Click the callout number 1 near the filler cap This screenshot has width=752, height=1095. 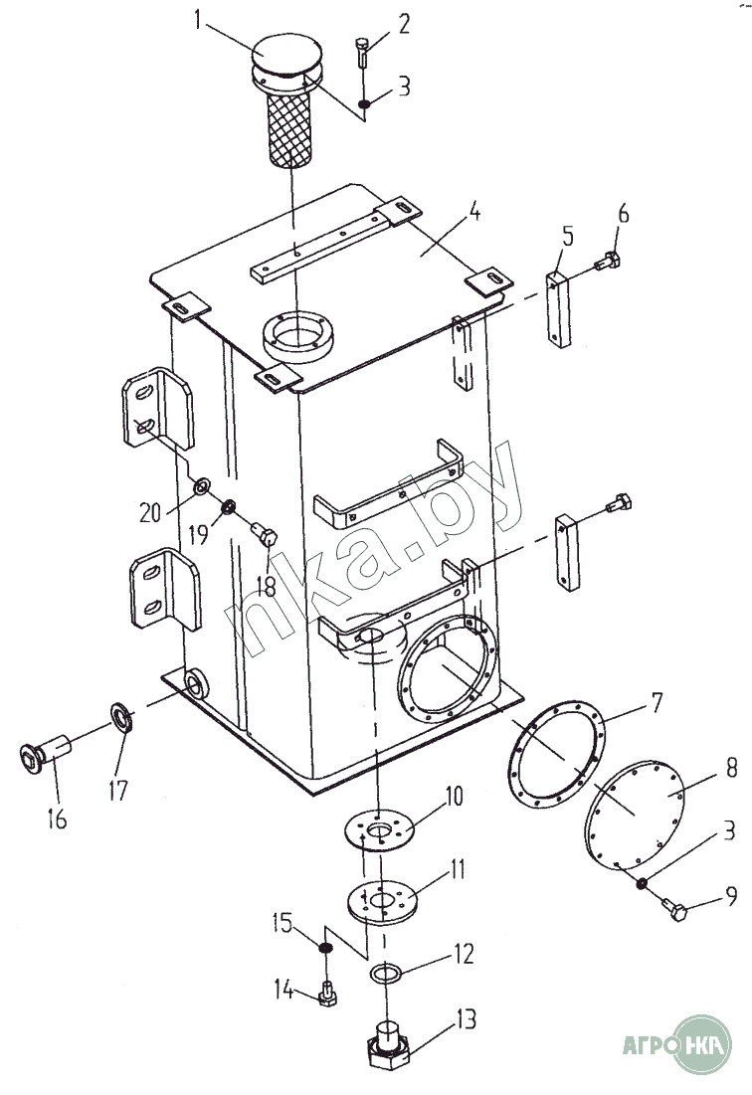pos(198,20)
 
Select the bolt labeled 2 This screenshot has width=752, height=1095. pos(361,53)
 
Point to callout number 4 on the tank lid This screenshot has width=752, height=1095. pos(474,210)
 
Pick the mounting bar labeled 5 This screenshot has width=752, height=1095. pos(558,308)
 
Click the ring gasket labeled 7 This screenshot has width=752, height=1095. pos(556,754)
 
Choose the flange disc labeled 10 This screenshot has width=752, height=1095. pos(380,830)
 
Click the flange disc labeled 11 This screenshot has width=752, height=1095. pos(381,901)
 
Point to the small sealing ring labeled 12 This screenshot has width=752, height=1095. pos(384,973)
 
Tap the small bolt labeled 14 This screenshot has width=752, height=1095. pos(327,995)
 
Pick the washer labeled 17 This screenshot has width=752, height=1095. pos(122,718)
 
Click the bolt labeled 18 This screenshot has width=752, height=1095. pos(265,535)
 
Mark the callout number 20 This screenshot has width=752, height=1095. pos(149,513)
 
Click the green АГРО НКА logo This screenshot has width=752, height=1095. pos(676,1044)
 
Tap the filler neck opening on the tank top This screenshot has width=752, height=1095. pos(297,338)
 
